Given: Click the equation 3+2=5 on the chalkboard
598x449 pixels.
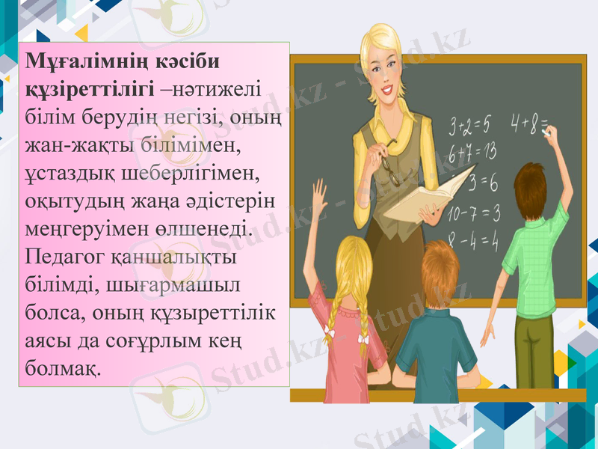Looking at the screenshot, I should (x=469, y=121).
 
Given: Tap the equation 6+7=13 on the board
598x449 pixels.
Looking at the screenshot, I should (x=472, y=152).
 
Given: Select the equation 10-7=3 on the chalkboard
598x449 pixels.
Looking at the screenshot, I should (x=473, y=213).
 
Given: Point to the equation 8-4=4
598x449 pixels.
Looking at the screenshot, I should (x=473, y=241).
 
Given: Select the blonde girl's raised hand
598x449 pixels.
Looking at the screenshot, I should (x=320, y=191).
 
